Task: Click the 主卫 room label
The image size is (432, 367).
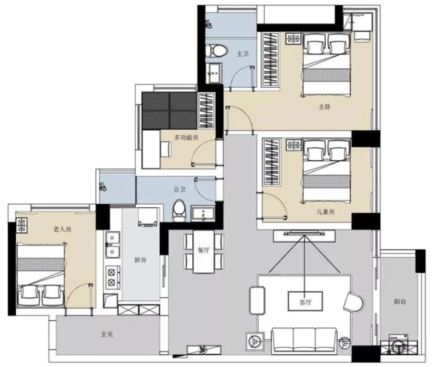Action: [x=243, y=53]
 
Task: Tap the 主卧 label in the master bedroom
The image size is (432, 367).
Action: [x=324, y=107]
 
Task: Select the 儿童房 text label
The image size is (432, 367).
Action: [x=326, y=211]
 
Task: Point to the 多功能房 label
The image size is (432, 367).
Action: [x=186, y=137]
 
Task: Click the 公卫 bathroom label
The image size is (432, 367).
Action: [x=180, y=190]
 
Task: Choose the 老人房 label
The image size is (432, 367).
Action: [x=62, y=229]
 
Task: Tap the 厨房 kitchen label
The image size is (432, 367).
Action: [x=140, y=260]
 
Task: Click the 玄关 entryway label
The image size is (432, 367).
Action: [x=107, y=335]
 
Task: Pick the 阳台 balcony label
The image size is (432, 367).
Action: [x=400, y=302]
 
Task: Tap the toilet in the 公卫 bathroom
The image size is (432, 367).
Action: [x=180, y=211]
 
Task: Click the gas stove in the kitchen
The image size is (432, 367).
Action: [x=113, y=277]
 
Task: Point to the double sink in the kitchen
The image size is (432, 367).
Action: [x=113, y=244]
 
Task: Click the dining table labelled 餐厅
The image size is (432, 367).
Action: [x=204, y=252]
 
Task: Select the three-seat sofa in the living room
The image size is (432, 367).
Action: [x=305, y=341]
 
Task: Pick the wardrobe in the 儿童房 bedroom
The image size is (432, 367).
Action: [x=272, y=163]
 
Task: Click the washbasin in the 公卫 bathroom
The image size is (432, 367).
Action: [x=204, y=213]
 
